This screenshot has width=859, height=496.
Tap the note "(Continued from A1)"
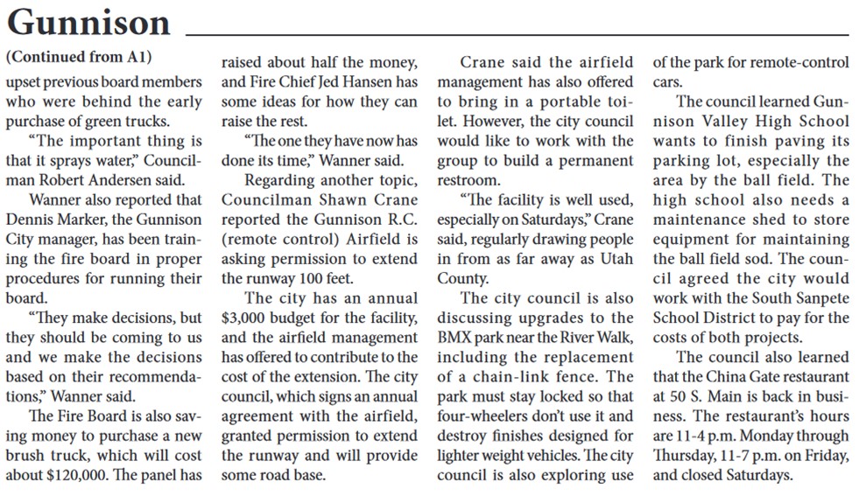79,59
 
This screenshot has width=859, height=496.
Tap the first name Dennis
32,219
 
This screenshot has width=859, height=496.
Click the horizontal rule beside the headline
518,33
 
